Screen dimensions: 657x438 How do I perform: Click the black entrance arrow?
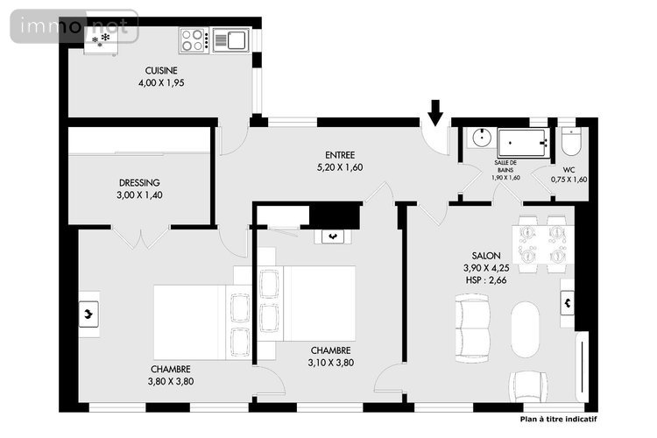tap(435, 112)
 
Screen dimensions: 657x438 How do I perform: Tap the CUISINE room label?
tap(161, 70)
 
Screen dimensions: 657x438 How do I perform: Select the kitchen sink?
tap(231, 40)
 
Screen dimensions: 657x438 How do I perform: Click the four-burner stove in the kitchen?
tap(194, 40)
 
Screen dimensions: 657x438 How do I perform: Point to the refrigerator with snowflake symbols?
tap(101, 40)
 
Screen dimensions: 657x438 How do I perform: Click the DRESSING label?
tap(139, 183)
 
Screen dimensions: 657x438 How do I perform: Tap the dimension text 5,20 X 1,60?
tap(340, 167)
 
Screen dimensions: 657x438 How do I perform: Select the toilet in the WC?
tap(570, 142)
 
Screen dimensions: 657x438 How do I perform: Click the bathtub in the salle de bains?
tap(524, 143)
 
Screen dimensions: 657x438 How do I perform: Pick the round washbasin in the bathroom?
tap(483, 137)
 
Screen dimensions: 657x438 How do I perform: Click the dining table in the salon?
tap(542, 244)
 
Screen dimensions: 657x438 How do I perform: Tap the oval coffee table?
tap(525, 329)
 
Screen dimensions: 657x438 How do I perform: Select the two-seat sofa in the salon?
tap(472, 328)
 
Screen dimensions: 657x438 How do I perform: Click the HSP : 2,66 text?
tap(486, 280)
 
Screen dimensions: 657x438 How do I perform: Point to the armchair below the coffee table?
tap(528, 386)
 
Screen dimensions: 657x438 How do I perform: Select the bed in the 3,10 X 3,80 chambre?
tap(307, 303)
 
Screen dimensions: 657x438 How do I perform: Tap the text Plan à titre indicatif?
tap(559, 419)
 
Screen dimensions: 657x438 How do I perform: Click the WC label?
tap(569, 170)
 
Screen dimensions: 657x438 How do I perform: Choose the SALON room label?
tap(486, 256)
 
